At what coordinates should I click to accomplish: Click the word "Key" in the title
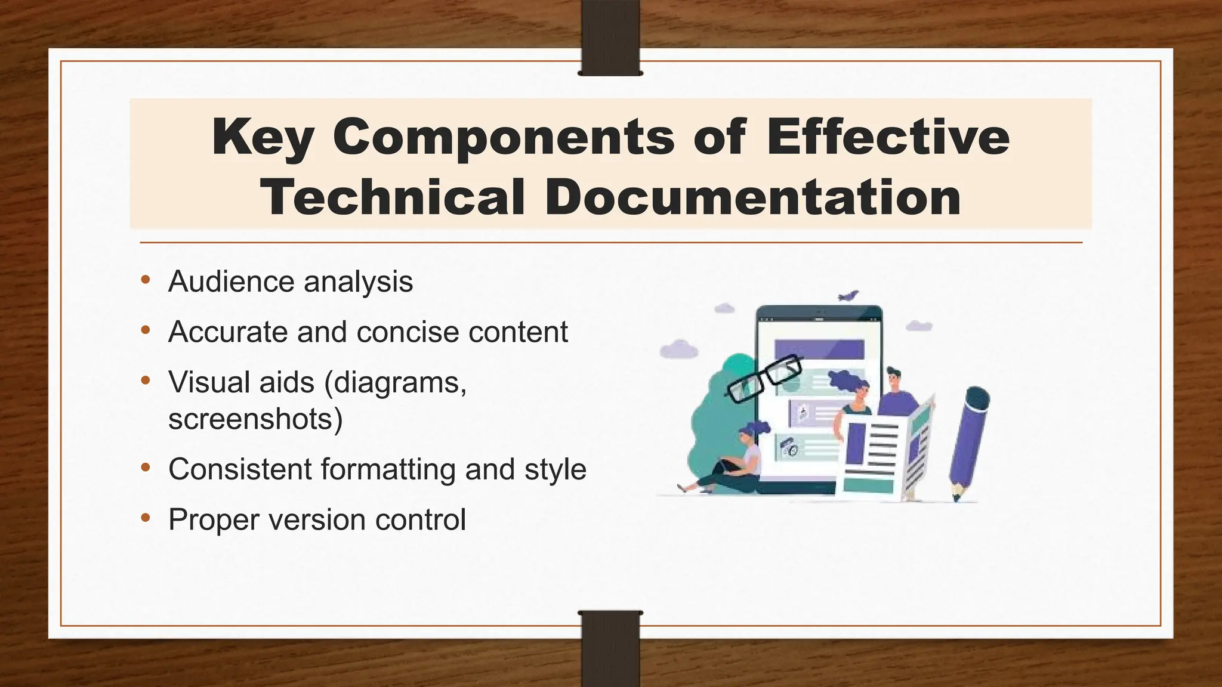click(x=263, y=137)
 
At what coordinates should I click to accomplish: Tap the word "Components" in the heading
click(x=504, y=137)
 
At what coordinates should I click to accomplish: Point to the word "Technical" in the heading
click(x=393, y=197)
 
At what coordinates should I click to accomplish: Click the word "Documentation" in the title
click(x=753, y=197)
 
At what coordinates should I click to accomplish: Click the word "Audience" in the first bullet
click(x=231, y=281)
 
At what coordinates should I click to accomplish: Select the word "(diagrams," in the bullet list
click(x=395, y=382)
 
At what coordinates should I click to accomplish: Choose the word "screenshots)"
click(x=255, y=419)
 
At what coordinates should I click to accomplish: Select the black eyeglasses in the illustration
click(x=764, y=379)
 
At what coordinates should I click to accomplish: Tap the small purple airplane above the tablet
click(x=848, y=296)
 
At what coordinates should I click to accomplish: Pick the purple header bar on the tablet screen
click(x=819, y=349)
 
